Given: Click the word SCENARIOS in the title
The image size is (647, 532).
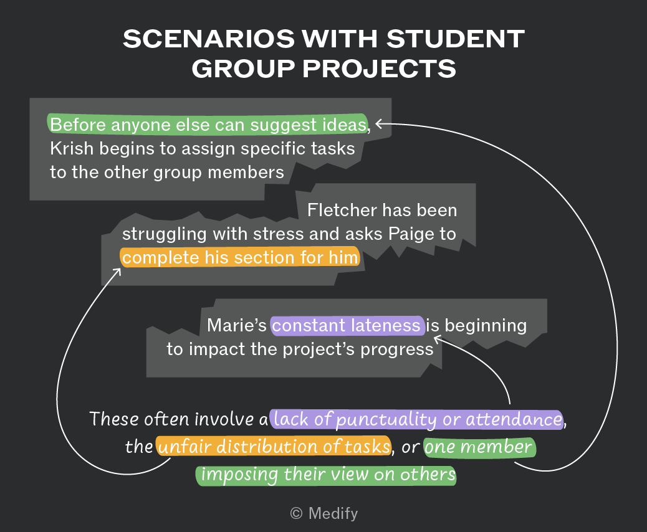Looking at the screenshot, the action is (209, 39).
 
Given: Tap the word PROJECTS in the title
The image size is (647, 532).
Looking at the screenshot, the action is (379, 68).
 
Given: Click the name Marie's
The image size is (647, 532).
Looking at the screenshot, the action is (237, 325).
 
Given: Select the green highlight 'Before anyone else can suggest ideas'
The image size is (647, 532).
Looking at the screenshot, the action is (208, 124).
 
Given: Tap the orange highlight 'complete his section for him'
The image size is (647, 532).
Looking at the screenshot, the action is (240, 257).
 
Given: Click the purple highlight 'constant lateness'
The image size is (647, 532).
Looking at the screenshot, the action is (347, 325).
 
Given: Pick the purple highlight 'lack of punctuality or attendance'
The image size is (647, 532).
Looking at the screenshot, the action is (417, 419).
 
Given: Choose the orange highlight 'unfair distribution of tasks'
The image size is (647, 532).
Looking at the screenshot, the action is (274, 446).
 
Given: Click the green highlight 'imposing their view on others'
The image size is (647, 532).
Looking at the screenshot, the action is (327, 475).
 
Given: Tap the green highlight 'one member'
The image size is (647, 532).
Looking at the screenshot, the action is (479, 447).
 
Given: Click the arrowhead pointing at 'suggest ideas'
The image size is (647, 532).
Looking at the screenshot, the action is (379, 123).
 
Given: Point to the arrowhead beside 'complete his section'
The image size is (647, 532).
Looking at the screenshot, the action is (118, 272).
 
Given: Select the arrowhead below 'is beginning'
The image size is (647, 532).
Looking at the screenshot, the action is (438, 340).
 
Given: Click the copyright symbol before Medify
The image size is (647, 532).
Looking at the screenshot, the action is (296, 513).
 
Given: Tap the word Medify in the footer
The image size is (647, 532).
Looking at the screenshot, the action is (333, 513).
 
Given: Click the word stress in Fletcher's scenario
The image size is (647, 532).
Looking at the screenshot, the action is (279, 234).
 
